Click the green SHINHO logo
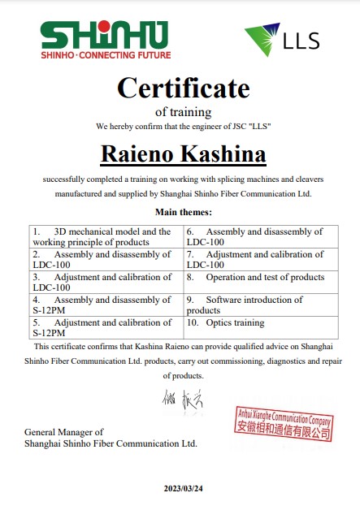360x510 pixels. tap(105, 36)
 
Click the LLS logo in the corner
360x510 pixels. tap(282, 39)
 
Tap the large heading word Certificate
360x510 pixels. tap(183, 87)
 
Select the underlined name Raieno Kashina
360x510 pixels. tap(183, 153)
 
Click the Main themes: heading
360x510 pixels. tap(183, 212)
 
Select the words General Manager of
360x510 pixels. tap(64, 432)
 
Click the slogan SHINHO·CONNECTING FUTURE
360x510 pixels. tap(106, 55)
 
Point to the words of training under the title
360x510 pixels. tap(183, 112)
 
